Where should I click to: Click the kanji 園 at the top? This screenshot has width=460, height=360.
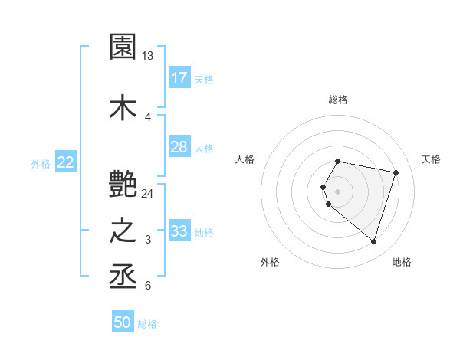point(123,47)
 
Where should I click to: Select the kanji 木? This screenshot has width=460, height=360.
point(123,107)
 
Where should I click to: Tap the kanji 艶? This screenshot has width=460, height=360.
point(123,183)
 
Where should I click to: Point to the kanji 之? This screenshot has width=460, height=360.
point(123,231)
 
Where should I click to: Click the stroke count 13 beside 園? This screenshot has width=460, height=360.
point(148,56)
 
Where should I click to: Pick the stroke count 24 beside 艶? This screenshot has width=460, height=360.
point(148,193)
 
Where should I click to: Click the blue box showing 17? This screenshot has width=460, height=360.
point(179,77)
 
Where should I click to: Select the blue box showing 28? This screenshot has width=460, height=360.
point(179,147)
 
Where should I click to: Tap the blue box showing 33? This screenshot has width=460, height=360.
point(179,231)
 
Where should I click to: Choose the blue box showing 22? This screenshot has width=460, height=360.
point(66,162)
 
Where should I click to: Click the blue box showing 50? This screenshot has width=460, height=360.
point(123,322)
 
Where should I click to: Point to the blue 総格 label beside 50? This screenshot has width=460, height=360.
point(148,324)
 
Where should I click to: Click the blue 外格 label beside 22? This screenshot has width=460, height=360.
point(41,163)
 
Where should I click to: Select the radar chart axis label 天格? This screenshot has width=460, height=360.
point(431,159)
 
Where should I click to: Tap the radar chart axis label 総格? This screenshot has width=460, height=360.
point(338,100)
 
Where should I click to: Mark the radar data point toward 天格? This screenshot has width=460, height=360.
point(396,172)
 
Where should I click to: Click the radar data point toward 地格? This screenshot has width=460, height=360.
point(373,242)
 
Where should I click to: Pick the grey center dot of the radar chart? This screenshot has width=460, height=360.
point(338,191)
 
